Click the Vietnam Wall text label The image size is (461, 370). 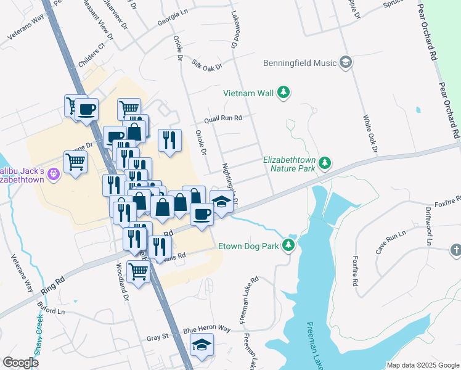click(x=248, y=93)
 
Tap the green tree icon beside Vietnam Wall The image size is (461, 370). click(x=284, y=93)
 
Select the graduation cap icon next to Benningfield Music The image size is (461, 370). click(x=346, y=62)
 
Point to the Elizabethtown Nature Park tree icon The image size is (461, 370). click(x=325, y=163)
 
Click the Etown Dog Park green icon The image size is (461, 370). click(x=288, y=246)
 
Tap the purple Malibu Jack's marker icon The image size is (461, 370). click(x=54, y=175)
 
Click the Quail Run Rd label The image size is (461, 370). click(x=224, y=118)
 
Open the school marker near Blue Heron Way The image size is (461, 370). click(x=201, y=345)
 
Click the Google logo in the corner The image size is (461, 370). click(x=21, y=363)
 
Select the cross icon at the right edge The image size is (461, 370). click(x=455, y=250)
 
